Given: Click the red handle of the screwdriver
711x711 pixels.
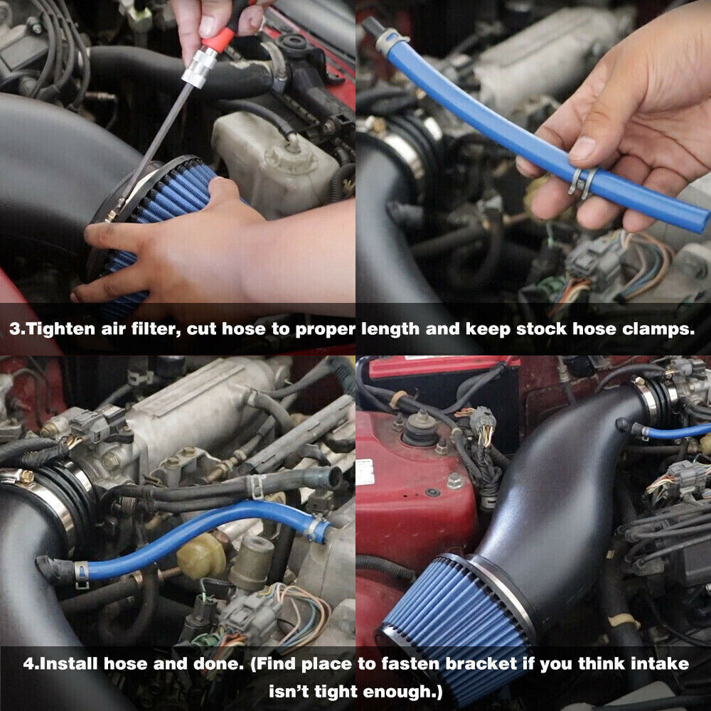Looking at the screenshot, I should (217, 39).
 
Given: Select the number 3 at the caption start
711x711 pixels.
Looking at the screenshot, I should (15, 329).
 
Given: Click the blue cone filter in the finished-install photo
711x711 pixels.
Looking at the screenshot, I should (455, 611).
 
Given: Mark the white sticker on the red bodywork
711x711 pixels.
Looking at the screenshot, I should (365, 471).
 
